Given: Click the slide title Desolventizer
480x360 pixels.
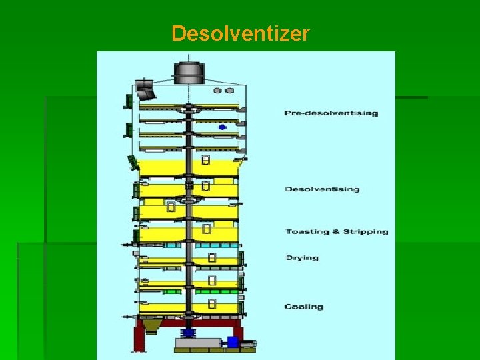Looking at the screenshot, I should tap(240, 33).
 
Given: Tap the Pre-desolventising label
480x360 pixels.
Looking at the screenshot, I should tap(331, 113).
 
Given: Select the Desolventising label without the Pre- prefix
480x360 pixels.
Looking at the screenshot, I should tap(322, 189).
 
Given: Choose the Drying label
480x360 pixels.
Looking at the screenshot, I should tap(302, 258).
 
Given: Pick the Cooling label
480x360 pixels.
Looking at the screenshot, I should tap(303, 307).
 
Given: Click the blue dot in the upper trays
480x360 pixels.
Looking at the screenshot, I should tap(222, 127).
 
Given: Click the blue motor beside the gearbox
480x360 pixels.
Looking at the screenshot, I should tap(233, 342).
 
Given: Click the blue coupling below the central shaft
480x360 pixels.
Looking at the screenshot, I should tap(189, 332).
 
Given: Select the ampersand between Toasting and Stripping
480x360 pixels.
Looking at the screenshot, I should tap(335, 232).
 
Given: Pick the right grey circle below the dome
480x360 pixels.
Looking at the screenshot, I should tap(229, 91).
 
